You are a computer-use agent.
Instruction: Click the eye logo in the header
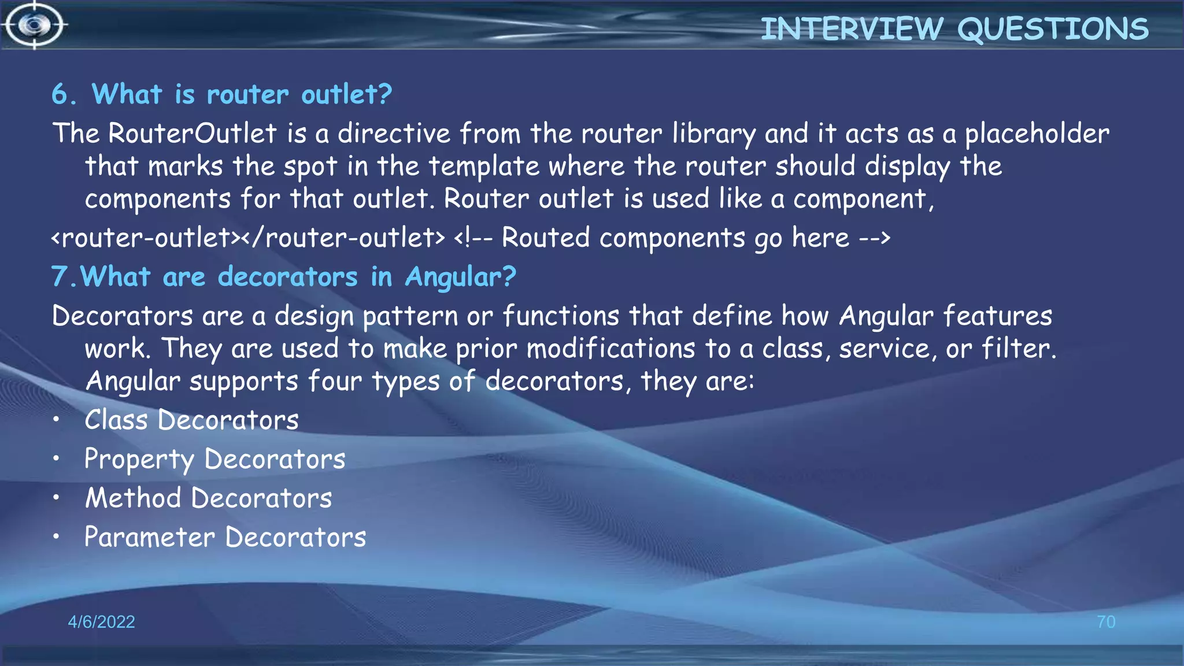(x=34, y=25)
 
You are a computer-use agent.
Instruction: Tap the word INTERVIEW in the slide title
(x=852, y=29)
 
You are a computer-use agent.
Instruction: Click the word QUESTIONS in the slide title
(x=1053, y=29)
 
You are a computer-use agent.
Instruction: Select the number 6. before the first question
(x=64, y=94)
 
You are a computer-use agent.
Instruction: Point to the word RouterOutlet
(x=193, y=134)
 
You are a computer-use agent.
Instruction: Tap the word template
(x=483, y=167)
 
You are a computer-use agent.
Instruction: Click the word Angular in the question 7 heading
(x=460, y=277)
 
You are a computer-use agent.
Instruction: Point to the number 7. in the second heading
(x=63, y=277)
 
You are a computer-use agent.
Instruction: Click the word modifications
(x=610, y=349)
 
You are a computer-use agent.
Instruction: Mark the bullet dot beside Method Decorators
(x=56, y=498)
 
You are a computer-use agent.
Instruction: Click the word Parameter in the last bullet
(x=150, y=537)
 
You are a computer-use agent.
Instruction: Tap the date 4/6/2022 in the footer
(x=101, y=621)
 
